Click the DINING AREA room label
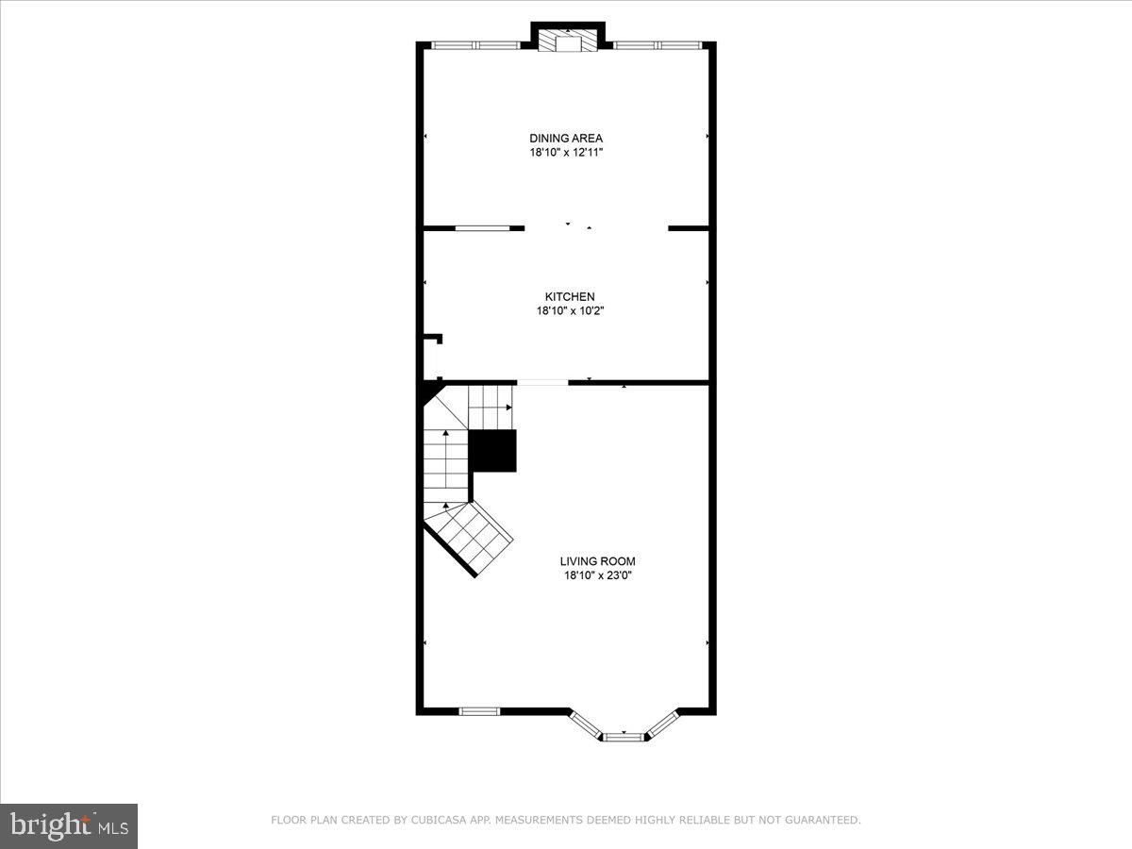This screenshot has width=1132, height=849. [x=565, y=138]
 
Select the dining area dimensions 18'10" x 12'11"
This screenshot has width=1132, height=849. [x=565, y=152]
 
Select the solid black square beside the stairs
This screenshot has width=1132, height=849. [x=492, y=450]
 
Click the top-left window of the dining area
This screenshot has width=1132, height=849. [x=475, y=44]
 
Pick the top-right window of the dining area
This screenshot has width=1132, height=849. [x=658, y=44]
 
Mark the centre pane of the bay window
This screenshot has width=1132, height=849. [x=624, y=737]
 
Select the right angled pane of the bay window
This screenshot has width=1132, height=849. [x=660, y=723]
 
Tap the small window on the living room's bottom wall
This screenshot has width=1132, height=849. [x=478, y=710]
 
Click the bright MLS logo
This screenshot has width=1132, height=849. [x=69, y=825]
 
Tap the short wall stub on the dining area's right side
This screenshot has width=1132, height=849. [x=688, y=227]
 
